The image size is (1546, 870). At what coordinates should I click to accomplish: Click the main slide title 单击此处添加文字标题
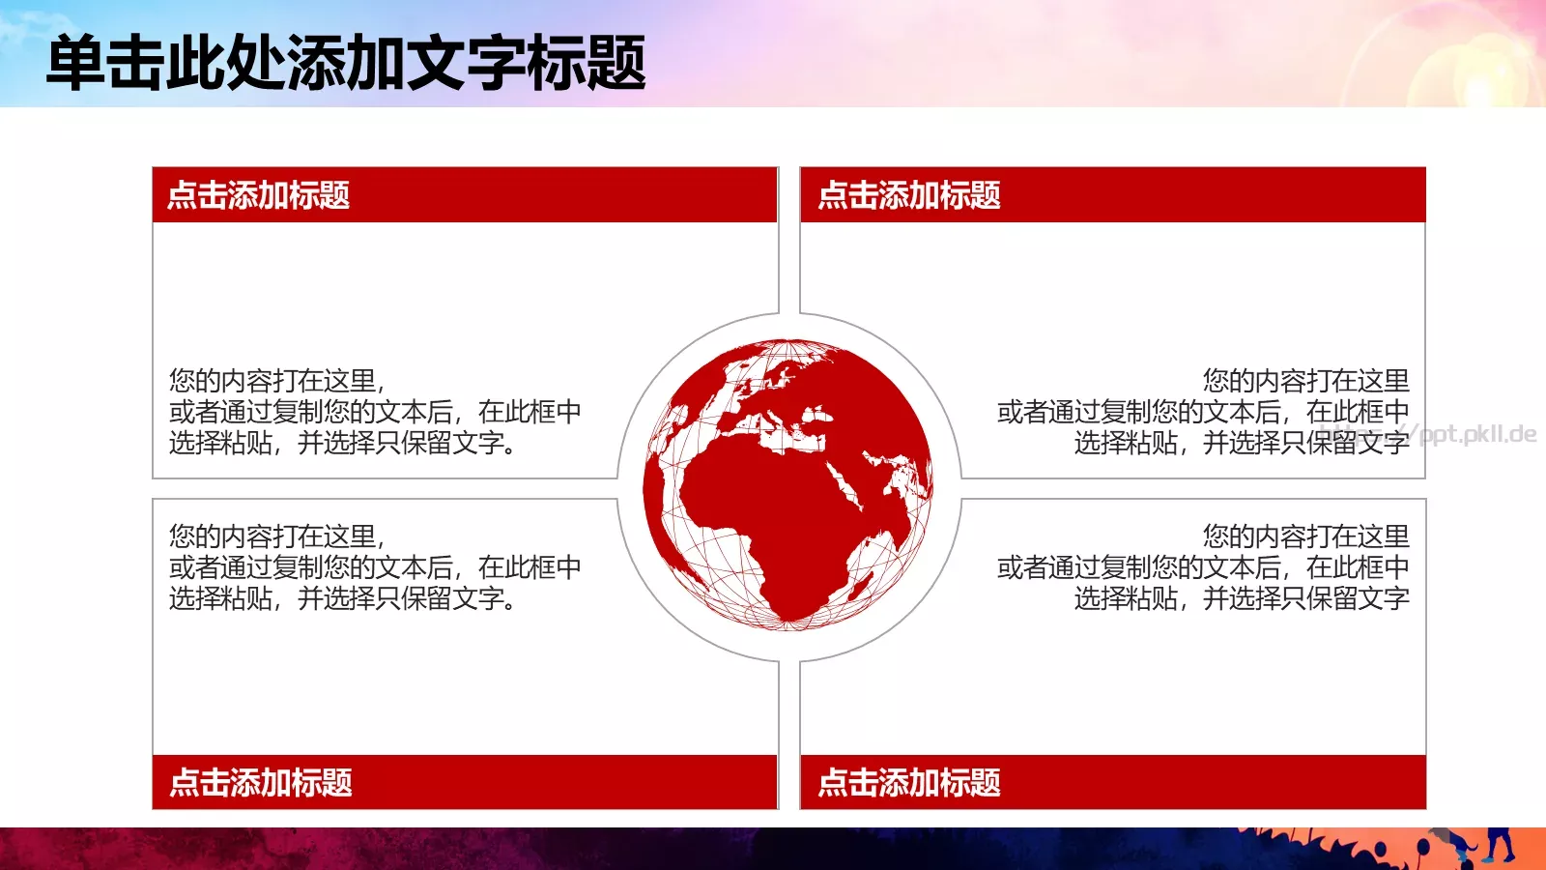coord(346,64)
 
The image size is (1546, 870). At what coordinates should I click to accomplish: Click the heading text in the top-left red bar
coord(258,195)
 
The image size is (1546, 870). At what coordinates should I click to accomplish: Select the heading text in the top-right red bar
coord(908,195)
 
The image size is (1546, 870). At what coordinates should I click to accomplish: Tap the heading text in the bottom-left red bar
coord(260,782)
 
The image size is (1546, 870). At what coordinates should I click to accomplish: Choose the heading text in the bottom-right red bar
coord(908,782)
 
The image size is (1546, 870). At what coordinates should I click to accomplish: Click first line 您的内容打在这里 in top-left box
coord(276,380)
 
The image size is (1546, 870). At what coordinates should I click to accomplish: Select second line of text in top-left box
coord(375,412)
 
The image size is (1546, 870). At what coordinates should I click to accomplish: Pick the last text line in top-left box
coord(342,443)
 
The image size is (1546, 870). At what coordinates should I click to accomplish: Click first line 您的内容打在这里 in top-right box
coord(1305,380)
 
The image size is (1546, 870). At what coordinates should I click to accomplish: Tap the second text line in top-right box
coord(1203,412)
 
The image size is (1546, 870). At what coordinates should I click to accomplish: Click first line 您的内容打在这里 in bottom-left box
coord(276,536)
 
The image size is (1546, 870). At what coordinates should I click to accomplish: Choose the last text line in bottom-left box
coord(342,598)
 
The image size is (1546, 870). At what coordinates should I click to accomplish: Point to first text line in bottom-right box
coord(1305,536)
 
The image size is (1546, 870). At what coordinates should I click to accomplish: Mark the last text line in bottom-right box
coord(1242,598)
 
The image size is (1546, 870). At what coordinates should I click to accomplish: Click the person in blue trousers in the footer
coord(1499,843)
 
